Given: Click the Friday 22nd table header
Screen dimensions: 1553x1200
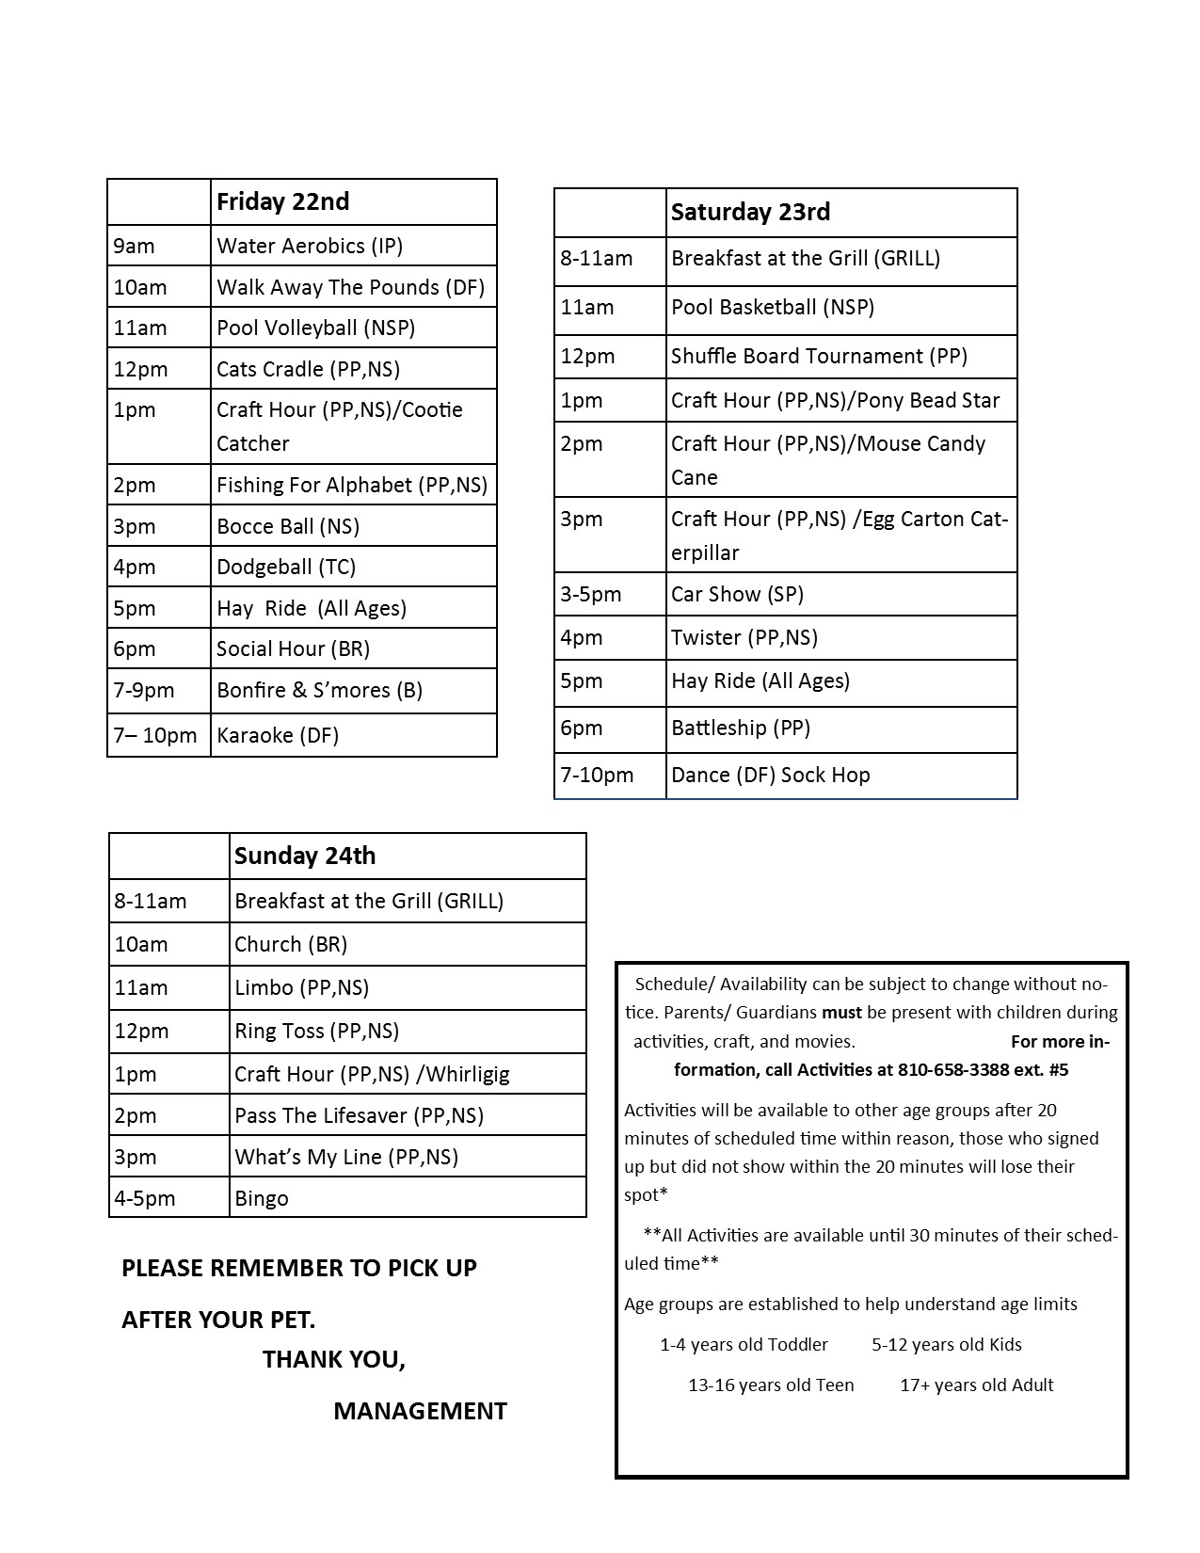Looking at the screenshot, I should tap(282, 201).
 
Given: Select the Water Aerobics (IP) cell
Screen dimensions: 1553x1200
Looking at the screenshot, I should tap(310, 246).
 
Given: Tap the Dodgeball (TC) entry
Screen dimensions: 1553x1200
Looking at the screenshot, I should tap(286, 567).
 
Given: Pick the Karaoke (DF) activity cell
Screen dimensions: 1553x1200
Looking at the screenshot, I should tap(278, 735).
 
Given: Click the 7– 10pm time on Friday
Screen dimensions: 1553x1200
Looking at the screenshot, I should tap(155, 735).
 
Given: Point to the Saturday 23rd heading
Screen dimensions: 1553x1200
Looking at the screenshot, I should tap(750, 212).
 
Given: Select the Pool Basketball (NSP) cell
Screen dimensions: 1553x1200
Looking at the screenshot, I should tap(773, 307).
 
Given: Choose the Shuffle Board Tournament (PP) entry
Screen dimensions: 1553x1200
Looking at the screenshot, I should tap(819, 356).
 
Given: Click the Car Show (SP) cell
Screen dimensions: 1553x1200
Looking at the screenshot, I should tap(737, 594).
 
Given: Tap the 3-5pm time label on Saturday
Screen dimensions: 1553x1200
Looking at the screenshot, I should tap(591, 594).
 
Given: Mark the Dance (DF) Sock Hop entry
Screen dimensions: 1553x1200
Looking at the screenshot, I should tap(770, 775).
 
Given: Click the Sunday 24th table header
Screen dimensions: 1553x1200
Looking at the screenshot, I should tap(305, 856).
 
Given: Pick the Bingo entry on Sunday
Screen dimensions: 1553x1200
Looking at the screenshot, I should tap(262, 1198).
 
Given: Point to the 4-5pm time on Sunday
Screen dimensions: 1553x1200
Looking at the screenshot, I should tap(145, 1198).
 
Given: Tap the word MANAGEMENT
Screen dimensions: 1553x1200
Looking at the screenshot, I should tap(420, 1411).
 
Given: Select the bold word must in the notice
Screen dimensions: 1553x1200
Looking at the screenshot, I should tap(841, 1013).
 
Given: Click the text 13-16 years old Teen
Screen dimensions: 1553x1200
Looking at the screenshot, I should tap(771, 1385).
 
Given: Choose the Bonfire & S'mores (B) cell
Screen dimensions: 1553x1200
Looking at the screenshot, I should tap(319, 690).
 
